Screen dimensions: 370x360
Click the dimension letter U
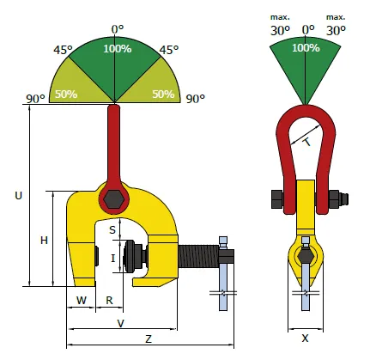(18, 196)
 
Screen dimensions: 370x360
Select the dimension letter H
(44, 241)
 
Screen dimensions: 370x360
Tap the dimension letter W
(82, 300)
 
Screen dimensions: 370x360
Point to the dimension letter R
(109, 300)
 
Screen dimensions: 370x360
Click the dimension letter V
(121, 323)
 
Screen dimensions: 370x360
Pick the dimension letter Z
(149, 339)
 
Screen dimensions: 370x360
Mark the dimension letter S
(112, 230)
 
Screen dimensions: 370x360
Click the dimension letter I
(113, 259)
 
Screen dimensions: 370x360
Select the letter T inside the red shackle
(307, 142)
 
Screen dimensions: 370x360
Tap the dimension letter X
(306, 339)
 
